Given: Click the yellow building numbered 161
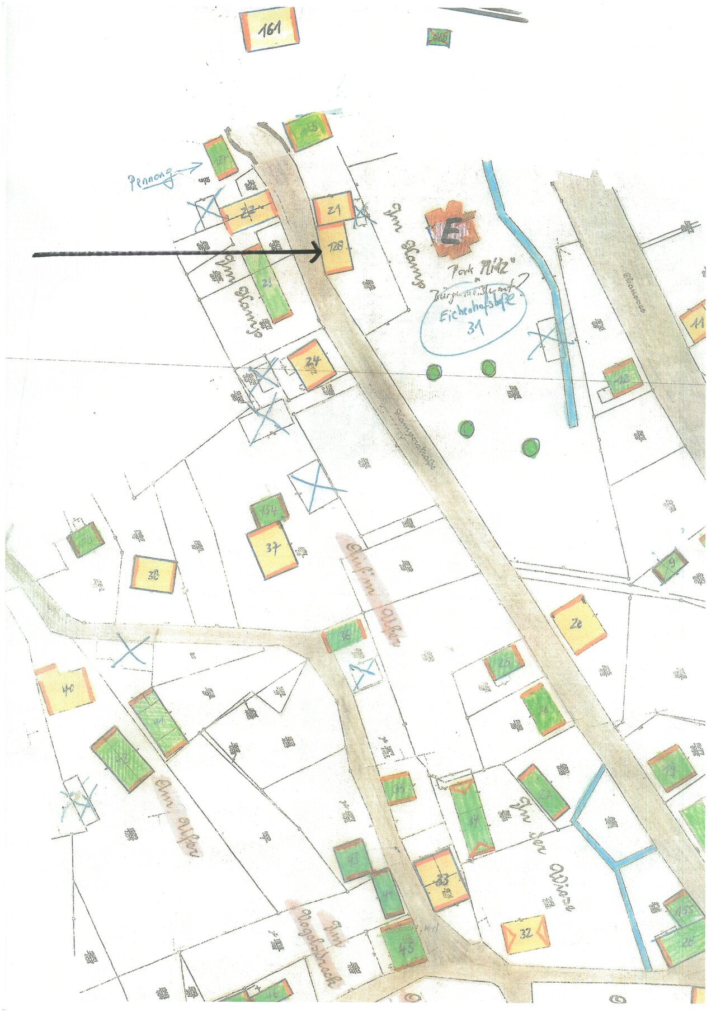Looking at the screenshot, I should tap(269, 29).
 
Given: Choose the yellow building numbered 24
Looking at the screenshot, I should tap(312, 364).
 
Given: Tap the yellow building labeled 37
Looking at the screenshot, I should tap(272, 550).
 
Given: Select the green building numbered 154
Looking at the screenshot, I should tap(270, 510).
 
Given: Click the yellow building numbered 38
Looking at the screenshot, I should tap(154, 574).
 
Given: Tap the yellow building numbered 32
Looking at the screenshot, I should tap(525, 932).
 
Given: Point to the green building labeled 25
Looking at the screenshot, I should tap(504, 663).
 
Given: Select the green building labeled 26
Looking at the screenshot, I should tap(542, 710).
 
